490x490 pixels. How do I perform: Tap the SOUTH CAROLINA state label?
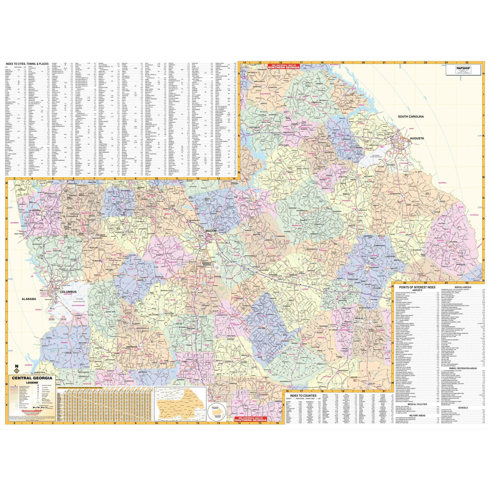[411, 116]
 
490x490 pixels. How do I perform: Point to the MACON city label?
[211, 231]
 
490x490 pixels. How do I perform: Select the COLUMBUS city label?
[57, 292]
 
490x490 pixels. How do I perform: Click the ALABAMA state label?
[29, 299]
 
